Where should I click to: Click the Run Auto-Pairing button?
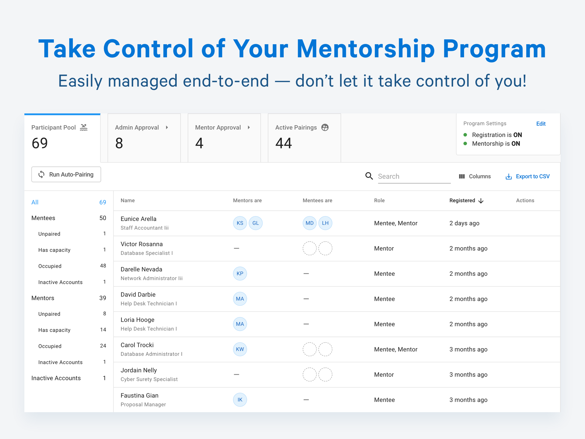click(66, 174)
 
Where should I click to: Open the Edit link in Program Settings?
click(541, 123)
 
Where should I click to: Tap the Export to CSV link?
click(528, 177)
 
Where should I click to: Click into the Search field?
click(414, 177)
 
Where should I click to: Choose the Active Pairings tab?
click(304, 137)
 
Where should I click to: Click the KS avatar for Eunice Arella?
click(240, 223)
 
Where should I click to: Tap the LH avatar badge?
click(325, 223)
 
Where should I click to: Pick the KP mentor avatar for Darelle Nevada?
click(240, 273)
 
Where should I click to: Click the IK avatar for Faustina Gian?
click(240, 400)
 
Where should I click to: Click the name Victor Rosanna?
click(142, 244)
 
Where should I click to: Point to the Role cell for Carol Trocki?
click(395, 349)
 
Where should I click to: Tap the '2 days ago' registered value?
click(464, 223)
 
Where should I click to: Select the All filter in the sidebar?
click(35, 202)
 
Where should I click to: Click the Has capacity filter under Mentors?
click(54, 330)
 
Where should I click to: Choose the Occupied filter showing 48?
click(50, 266)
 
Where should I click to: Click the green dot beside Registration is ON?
click(465, 135)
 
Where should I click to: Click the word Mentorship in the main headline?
click(366, 49)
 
